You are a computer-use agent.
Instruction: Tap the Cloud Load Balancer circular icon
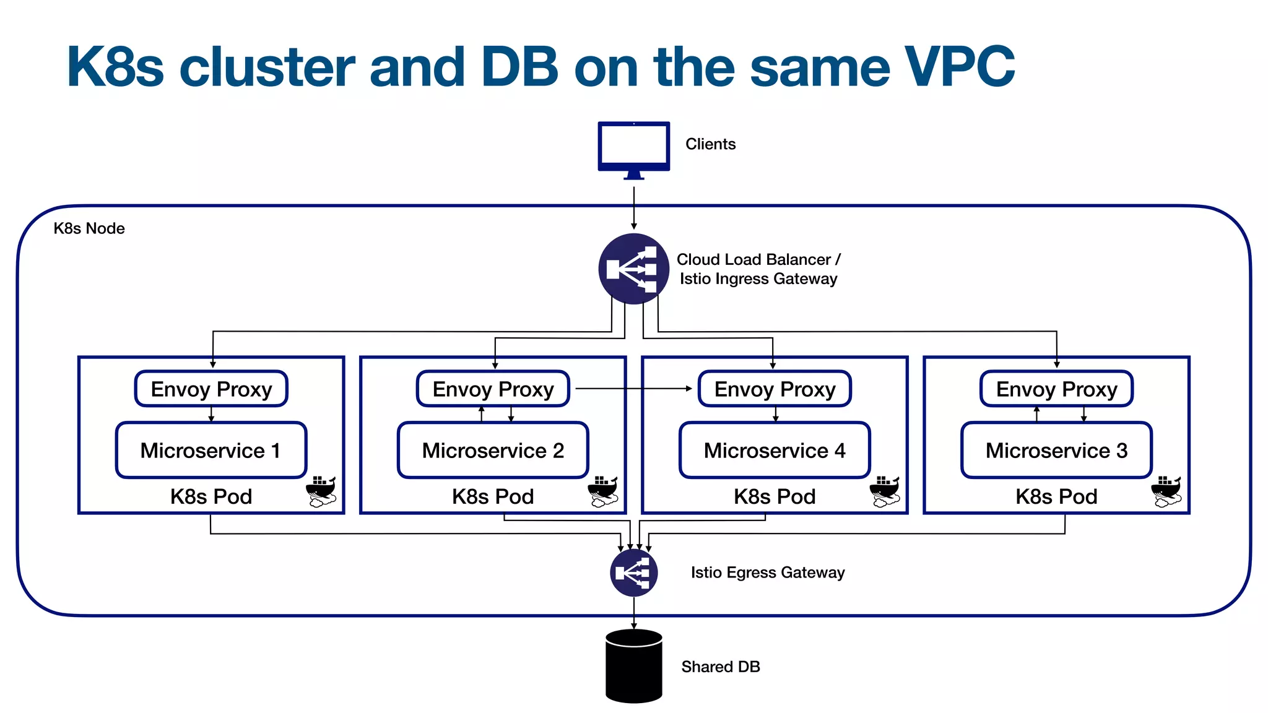pos(633,269)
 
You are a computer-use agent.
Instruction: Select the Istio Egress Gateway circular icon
pos(633,573)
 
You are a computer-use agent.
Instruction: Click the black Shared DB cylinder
pos(633,667)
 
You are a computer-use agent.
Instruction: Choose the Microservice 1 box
pos(211,450)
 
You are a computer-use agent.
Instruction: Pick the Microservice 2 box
pos(493,450)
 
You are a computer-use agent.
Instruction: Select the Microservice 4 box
pos(775,450)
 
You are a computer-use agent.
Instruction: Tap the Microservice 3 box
pos(1056,450)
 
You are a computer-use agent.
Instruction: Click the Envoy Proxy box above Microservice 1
pos(211,389)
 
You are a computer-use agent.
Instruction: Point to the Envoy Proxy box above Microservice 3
pos(1056,389)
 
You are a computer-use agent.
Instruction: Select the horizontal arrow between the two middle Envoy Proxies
pos(633,389)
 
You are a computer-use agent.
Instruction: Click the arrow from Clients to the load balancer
pos(633,207)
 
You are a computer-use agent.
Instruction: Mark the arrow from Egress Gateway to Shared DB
pos(633,613)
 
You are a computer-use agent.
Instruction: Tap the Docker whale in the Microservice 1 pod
pos(321,491)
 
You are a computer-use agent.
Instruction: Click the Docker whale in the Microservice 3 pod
pos(1166,491)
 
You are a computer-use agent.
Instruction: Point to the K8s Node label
pos(89,228)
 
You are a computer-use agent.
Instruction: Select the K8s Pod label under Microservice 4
pos(775,496)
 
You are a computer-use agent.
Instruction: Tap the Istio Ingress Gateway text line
pos(758,279)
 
